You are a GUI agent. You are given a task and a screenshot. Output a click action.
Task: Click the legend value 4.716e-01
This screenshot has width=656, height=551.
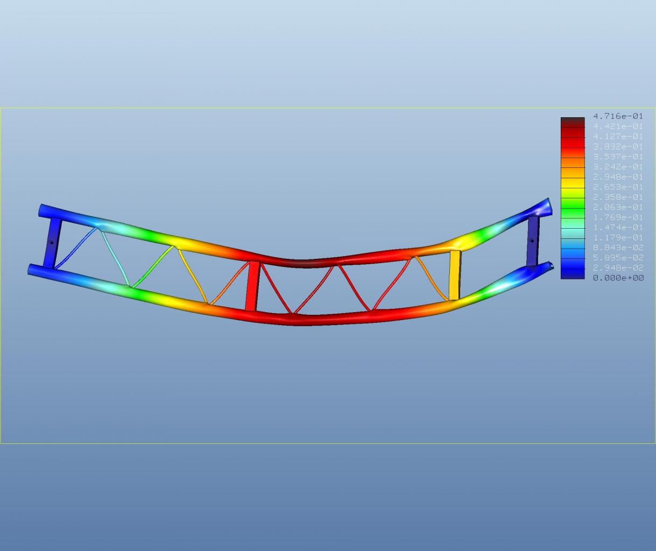coord(618,116)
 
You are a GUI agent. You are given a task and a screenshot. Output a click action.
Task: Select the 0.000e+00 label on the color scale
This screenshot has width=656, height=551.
coord(618,278)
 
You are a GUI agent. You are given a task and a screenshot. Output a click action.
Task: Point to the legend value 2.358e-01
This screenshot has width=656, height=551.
coord(618,197)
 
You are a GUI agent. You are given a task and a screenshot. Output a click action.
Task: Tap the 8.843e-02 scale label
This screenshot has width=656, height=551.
coord(618,248)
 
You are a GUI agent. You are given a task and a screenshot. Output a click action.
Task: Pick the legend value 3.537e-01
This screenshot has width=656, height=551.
coord(618,157)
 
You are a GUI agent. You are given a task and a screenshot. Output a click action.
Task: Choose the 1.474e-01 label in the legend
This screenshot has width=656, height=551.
coord(618,227)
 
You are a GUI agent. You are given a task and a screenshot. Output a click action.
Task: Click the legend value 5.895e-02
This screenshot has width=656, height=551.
coord(618,258)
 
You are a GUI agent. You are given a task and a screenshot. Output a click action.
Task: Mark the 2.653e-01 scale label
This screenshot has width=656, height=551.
coord(618,187)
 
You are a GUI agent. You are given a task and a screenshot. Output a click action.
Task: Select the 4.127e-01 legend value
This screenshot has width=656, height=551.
coord(618,136)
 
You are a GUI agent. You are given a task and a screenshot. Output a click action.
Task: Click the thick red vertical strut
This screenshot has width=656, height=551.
coord(252,286)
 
